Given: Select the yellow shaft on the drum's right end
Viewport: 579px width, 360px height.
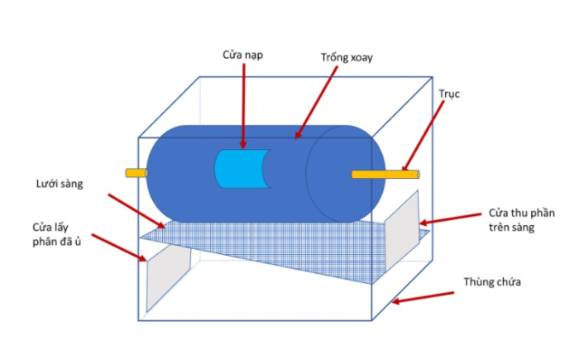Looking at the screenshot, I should click(385, 174).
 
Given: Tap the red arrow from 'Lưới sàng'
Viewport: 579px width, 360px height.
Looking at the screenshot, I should click(137, 211).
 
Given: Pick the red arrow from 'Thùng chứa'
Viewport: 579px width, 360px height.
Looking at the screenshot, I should click(427, 297).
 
